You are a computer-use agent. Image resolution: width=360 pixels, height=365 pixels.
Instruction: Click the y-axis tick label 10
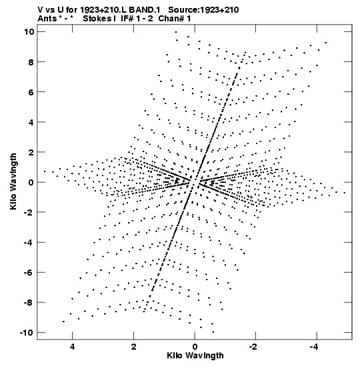(29, 31)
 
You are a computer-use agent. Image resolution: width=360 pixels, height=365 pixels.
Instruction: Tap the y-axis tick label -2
(29, 212)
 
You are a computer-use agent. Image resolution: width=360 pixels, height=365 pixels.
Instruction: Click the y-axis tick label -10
(27, 333)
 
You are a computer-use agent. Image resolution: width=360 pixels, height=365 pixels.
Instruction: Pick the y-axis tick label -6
(29, 272)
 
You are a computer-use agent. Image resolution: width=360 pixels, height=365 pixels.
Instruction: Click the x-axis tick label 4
(72, 347)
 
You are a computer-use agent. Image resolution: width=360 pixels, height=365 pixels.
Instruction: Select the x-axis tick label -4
(314, 347)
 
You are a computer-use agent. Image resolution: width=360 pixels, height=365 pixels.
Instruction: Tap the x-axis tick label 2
(133, 347)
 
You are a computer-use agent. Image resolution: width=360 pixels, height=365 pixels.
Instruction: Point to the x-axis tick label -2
(253, 347)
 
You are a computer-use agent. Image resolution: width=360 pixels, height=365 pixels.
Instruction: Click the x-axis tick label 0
(195, 347)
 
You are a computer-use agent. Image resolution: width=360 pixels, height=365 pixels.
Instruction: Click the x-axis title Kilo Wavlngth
(195, 356)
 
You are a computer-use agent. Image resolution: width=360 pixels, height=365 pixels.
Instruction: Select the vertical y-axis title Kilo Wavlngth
(13, 181)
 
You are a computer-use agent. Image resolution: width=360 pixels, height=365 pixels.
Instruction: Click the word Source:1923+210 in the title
(203, 10)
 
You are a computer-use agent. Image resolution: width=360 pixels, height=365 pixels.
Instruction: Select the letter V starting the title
(40, 10)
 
